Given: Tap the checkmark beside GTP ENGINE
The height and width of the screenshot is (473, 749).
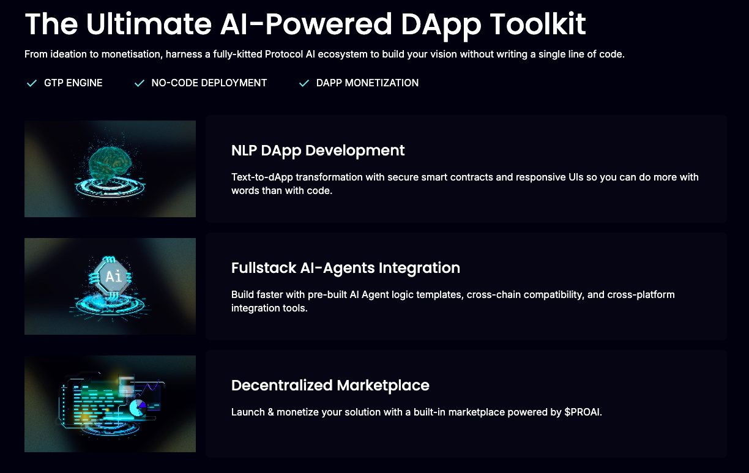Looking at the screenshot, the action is pyautogui.click(x=32, y=83).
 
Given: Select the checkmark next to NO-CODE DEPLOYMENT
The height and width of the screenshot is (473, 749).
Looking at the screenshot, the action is pyautogui.click(x=140, y=83).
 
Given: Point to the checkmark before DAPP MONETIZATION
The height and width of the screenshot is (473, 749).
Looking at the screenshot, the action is pyautogui.click(x=304, y=83).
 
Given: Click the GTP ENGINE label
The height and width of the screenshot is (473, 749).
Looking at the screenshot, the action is pyautogui.click(x=73, y=83).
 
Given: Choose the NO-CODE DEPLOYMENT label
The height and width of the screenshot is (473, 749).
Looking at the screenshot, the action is pyautogui.click(x=209, y=83).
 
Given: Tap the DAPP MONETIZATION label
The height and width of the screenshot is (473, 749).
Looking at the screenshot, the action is pyautogui.click(x=367, y=83).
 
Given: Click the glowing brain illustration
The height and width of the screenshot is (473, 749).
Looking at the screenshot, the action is pyautogui.click(x=110, y=165).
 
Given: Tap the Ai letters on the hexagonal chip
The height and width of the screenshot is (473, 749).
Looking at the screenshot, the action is pyautogui.click(x=113, y=277).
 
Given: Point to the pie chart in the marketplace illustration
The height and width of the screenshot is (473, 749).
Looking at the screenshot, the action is pyautogui.click(x=138, y=408).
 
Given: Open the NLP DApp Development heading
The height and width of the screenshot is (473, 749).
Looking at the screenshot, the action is pyautogui.click(x=318, y=151).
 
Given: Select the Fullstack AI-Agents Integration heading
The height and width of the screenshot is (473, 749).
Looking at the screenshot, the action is pyautogui.click(x=345, y=268).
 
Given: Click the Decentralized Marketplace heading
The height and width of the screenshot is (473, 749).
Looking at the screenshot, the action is pyautogui.click(x=330, y=385).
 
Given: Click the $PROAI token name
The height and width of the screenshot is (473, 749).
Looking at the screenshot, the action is pyautogui.click(x=583, y=412).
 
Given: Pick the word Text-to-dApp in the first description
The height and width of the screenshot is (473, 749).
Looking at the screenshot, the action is pyautogui.click(x=262, y=177).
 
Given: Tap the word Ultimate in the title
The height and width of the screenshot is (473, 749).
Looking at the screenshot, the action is pyautogui.click(x=149, y=24).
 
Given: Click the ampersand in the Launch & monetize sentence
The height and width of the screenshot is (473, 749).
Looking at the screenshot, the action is pyautogui.click(x=270, y=412).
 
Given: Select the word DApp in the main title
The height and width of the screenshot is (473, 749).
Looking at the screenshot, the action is pyautogui.click(x=441, y=26).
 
